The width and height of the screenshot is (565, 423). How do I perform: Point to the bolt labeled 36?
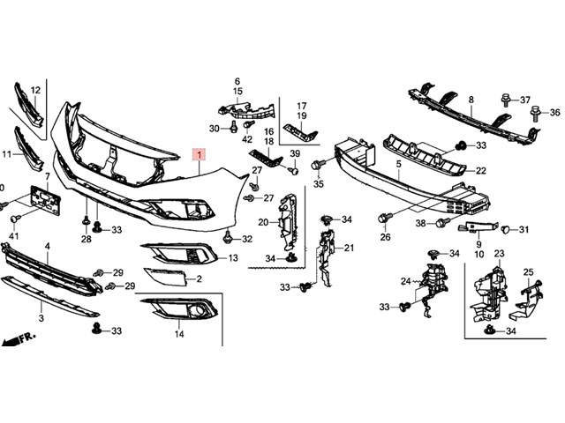pyautogui.click(x=536, y=112)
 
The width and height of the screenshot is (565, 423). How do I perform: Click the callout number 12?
pyautogui.click(x=36, y=90)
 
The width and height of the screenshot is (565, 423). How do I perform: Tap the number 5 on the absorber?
pyautogui.click(x=399, y=164)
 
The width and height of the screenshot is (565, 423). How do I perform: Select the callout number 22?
pyautogui.click(x=481, y=170)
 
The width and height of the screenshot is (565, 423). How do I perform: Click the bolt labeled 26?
pyautogui.click(x=385, y=217)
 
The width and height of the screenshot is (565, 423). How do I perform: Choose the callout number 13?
pyautogui.click(x=233, y=258)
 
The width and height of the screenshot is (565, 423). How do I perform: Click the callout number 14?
pyautogui.click(x=179, y=335)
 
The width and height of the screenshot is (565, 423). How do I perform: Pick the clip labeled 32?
pyautogui.click(x=230, y=236)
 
